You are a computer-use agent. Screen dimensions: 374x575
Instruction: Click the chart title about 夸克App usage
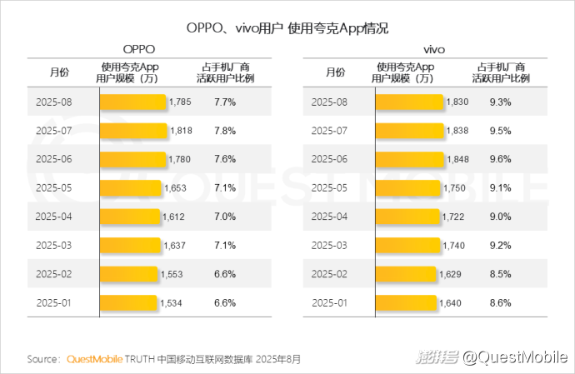(287, 27)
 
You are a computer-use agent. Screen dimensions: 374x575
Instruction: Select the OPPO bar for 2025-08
(133, 102)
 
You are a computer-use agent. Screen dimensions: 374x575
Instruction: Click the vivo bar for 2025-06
(410, 159)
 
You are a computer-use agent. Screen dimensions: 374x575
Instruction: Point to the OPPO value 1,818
(181, 131)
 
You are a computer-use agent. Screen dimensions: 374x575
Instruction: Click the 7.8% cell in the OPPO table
(225, 131)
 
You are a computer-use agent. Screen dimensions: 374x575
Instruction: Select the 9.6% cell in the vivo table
(500, 159)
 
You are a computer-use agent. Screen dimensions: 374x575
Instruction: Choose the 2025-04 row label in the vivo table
(328, 216)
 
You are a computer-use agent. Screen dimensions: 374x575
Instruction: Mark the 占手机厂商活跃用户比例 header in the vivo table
(501, 72)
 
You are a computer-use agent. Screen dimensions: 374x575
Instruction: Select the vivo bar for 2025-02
(406, 273)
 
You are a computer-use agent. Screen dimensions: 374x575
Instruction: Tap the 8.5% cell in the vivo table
(500, 273)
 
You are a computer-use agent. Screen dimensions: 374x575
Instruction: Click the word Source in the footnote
(42, 360)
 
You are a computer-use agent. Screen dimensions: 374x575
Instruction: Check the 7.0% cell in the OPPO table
(225, 216)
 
